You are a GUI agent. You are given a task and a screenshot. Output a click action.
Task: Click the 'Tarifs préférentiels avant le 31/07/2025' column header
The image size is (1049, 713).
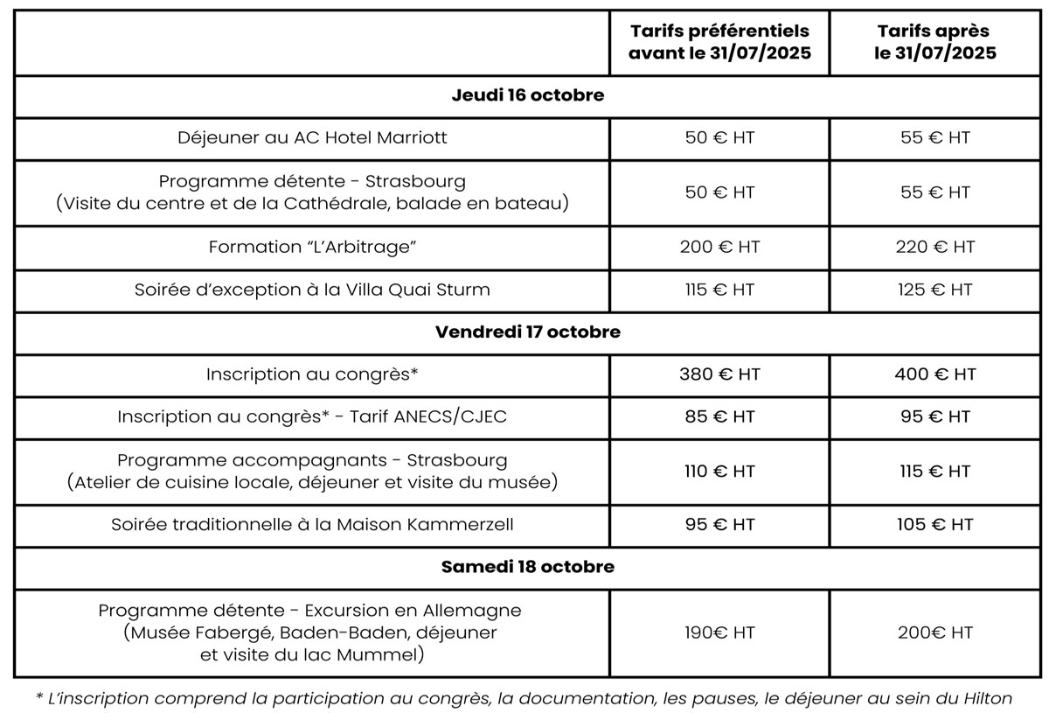click(x=719, y=42)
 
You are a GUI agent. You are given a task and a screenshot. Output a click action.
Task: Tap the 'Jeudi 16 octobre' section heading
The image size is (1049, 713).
click(x=527, y=96)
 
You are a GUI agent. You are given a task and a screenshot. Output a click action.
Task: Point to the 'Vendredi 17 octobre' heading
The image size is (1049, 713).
click(x=527, y=332)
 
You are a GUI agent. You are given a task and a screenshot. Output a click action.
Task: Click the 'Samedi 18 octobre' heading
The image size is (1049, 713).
click(x=527, y=567)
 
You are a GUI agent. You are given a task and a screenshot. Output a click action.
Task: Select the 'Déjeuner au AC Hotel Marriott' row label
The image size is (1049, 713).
click(x=312, y=138)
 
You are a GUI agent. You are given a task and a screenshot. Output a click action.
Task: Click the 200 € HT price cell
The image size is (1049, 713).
click(x=719, y=248)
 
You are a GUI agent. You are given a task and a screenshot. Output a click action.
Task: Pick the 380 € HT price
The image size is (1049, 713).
click(x=719, y=374)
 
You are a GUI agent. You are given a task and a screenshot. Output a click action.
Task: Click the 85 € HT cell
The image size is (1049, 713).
click(x=719, y=417)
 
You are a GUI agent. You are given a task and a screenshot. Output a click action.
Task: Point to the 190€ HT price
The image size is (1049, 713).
click(x=719, y=633)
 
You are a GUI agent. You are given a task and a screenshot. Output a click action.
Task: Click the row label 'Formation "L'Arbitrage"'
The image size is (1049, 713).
click(x=312, y=248)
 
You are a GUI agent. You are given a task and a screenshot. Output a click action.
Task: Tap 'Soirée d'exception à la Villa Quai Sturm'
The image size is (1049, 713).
click(x=312, y=290)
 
